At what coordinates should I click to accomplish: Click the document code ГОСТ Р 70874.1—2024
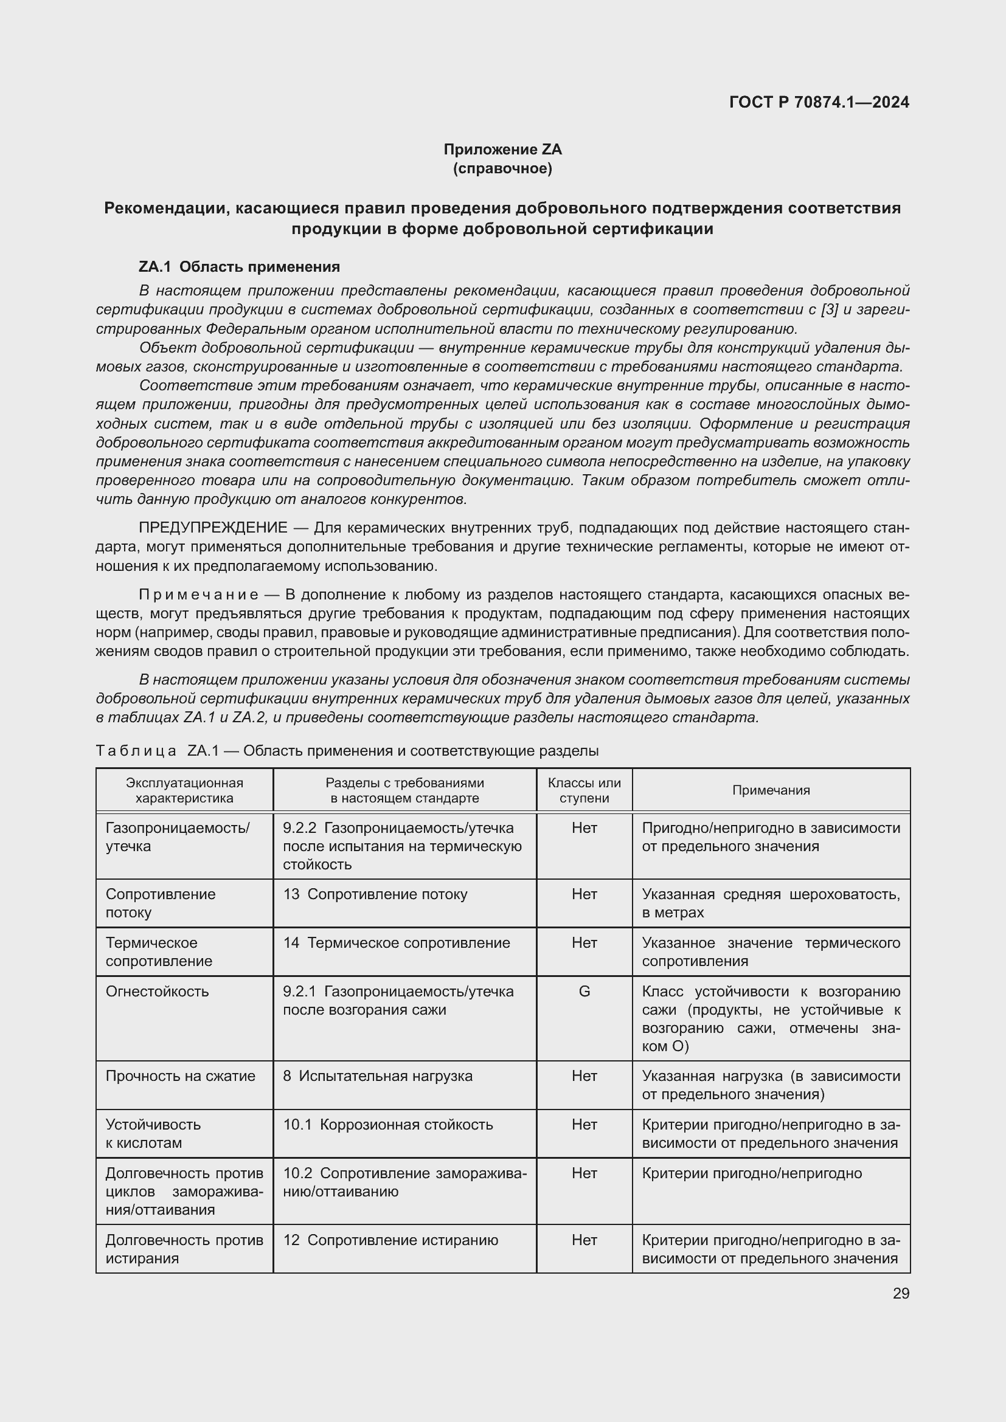(819, 102)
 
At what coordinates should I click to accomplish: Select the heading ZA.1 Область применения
(239, 267)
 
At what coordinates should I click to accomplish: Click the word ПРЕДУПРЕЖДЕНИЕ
(213, 528)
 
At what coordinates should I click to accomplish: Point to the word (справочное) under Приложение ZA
(502, 168)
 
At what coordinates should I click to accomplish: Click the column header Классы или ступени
(583, 790)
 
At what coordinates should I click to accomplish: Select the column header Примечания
(771, 790)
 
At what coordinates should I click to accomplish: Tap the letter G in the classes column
(583, 992)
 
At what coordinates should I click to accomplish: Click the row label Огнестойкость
(158, 992)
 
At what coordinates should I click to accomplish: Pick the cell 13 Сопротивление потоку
(375, 894)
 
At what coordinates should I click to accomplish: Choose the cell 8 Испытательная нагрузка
(377, 1076)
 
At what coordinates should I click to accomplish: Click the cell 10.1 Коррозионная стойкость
(388, 1125)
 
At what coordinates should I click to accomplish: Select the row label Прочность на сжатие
(180, 1076)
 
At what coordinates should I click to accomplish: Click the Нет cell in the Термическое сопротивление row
(583, 943)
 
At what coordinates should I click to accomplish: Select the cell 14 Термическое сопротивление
(397, 943)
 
